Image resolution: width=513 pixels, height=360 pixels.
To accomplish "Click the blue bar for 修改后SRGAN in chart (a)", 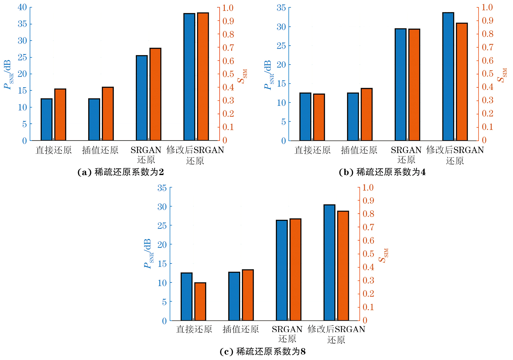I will (189, 77).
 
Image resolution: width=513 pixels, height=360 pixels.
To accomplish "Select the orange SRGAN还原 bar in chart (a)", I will (155, 94).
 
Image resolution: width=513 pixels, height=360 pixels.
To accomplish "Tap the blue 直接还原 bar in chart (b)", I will (305, 117).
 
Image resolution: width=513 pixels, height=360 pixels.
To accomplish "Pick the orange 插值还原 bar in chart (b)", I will (367, 114).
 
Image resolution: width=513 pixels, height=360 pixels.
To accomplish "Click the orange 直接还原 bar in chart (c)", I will (200, 301).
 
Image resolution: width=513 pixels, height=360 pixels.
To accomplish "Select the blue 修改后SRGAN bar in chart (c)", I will (329, 262).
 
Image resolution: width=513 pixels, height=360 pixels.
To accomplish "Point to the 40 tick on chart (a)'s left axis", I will (22, 7).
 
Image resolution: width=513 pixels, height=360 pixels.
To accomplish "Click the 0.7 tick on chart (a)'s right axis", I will (228, 47).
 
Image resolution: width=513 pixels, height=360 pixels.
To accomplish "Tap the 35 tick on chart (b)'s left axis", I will (281, 8).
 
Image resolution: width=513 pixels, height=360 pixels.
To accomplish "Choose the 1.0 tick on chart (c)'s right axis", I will (368, 187).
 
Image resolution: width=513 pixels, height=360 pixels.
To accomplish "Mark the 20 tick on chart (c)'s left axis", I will (162, 245).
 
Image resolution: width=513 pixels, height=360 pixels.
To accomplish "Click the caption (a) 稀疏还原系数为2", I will (121, 172).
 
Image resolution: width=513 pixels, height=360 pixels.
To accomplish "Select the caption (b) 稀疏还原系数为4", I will (382, 172).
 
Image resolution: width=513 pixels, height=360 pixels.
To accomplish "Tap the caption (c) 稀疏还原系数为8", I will (263, 351).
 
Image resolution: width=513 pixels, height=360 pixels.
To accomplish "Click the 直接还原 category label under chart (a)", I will (54, 150).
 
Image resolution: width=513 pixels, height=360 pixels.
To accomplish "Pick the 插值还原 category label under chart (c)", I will (241, 329).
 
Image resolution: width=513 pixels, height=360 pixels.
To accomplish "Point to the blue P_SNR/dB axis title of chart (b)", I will (268, 75).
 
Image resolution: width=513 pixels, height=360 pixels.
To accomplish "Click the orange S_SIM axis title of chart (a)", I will (242, 77).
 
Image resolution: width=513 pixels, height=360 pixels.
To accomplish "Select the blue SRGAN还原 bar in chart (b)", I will (400, 85).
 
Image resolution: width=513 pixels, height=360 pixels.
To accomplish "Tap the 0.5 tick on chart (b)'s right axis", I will (487, 74).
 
